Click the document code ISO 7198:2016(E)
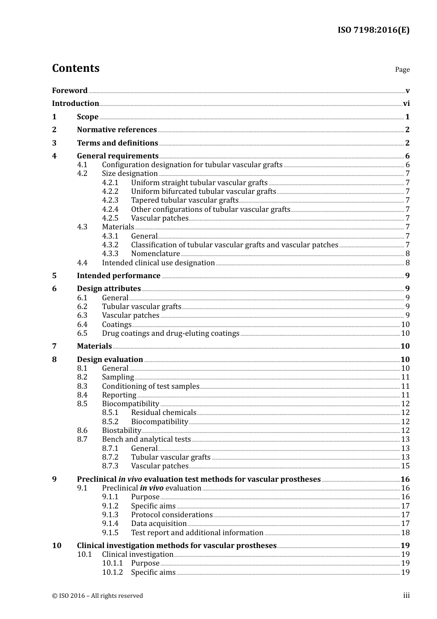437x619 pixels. point(374,30)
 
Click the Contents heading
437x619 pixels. point(75,68)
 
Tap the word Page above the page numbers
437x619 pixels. point(402,70)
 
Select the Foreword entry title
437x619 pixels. point(69,91)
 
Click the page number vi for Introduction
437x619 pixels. point(406,104)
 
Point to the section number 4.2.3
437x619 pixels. point(110,200)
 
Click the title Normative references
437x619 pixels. point(117,130)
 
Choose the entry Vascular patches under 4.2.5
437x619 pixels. point(160,218)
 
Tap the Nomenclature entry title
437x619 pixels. point(155,254)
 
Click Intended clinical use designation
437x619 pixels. point(158,263)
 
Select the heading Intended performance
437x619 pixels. point(119,276)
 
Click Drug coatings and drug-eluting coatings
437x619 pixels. point(171,333)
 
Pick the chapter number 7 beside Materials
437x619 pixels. point(54,346)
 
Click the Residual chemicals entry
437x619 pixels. point(164,413)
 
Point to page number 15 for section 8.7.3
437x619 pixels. point(405,466)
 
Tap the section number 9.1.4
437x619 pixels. point(110,524)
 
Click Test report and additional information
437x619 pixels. point(197,533)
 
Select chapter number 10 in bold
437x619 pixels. point(57,546)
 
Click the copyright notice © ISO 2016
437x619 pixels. point(97,596)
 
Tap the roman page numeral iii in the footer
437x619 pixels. point(406,596)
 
